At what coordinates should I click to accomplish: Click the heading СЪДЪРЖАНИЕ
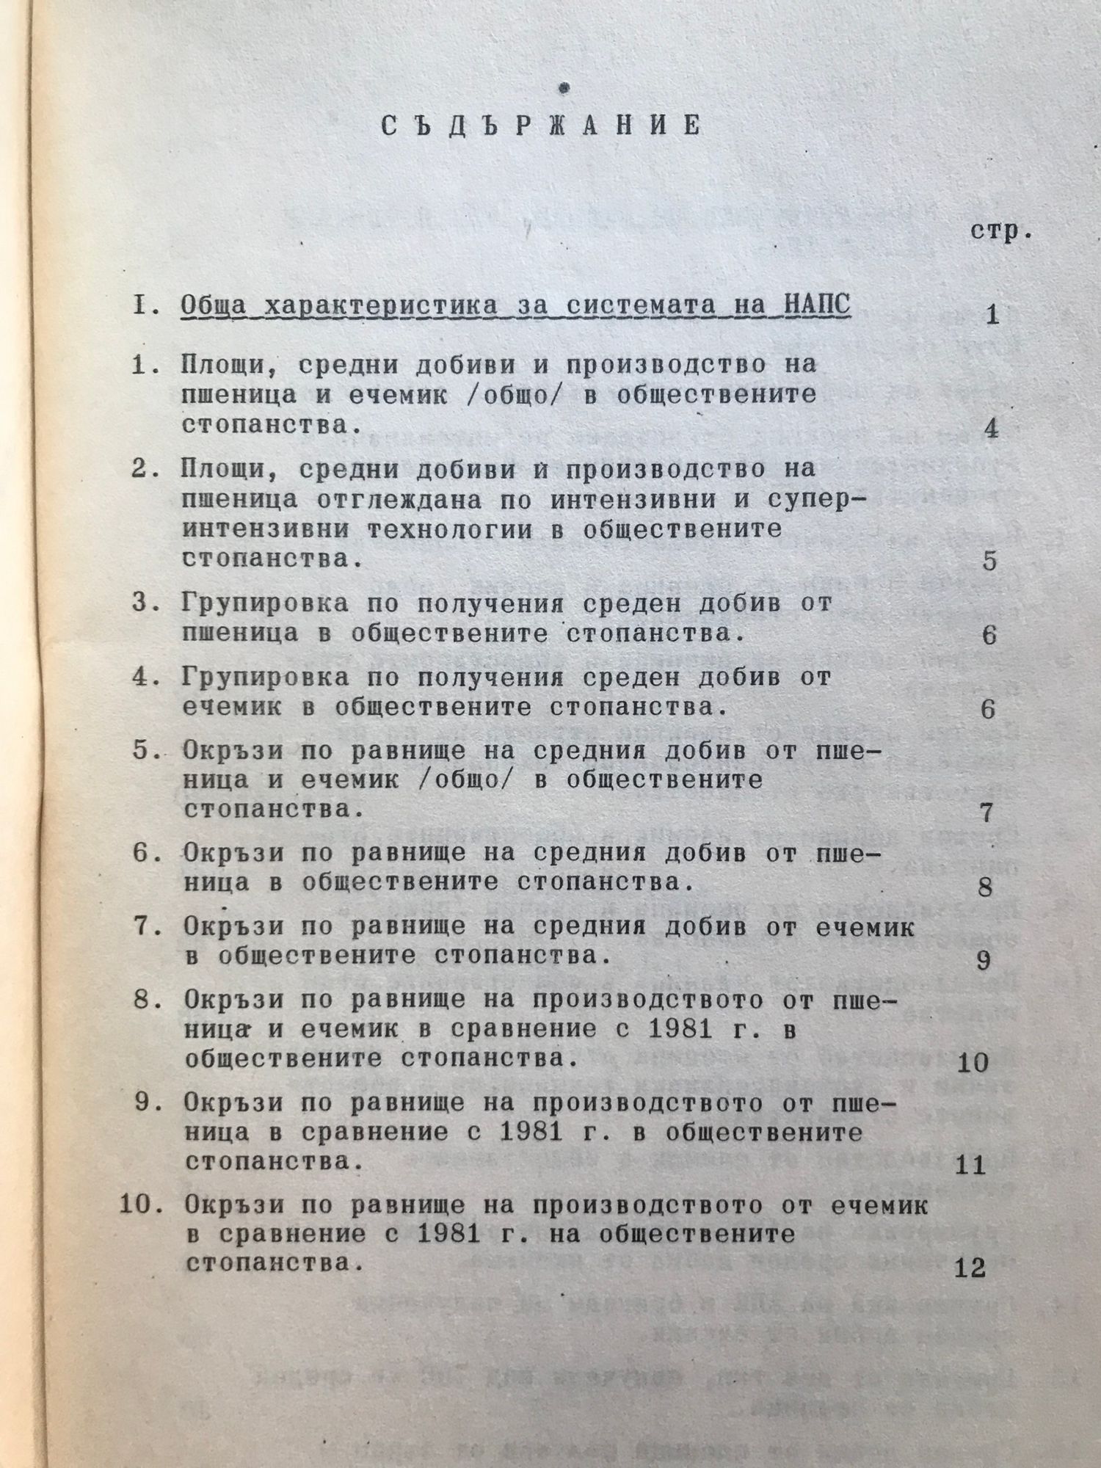pyautogui.click(x=541, y=126)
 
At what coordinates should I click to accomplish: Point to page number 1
pyautogui.click(x=992, y=316)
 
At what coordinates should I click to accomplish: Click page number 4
pyautogui.click(x=992, y=428)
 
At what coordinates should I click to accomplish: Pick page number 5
pyautogui.click(x=989, y=562)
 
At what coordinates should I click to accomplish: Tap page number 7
pyautogui.click(x=986, y=813)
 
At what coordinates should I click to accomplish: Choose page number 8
pyautogui.click(x=985, y=887)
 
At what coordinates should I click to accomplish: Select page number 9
pyautogui.click(x=984, y=961)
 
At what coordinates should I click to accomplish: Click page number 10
pyautogui.click(x=973, y=1062)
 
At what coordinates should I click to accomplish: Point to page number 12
pyautogui.click(x=970, y=1268)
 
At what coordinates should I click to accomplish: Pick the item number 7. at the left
pyautogui.click(x=144, y=927)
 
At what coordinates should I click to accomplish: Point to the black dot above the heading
pyautogui.click(x=564, y=89)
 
